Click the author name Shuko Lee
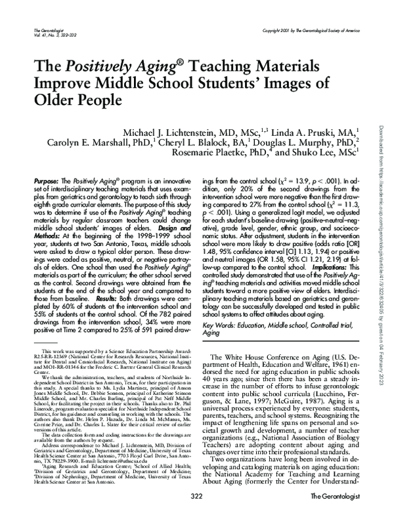[x=324, y=156]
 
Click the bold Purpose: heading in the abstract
[x=47, y=179]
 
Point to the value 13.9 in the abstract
[x=304, y=179]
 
